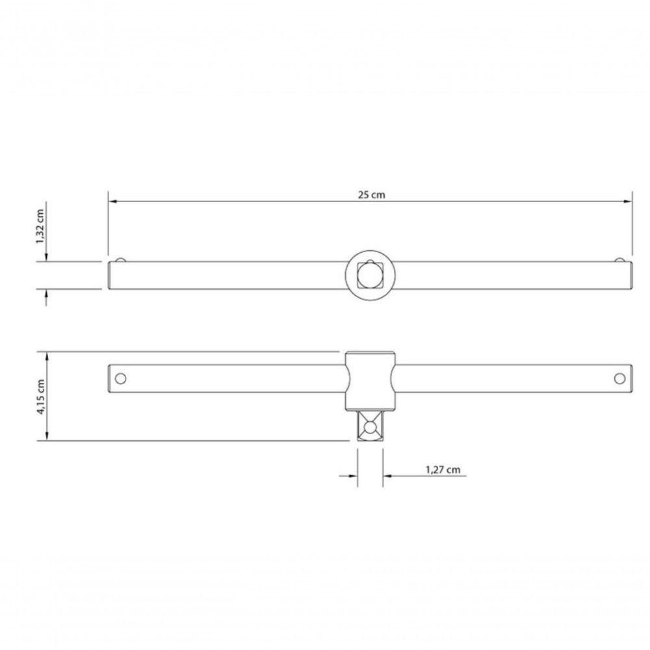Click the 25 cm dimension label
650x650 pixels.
click(370, 194)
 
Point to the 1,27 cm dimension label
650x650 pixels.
click(443, 469)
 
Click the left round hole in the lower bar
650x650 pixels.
click(119, 378)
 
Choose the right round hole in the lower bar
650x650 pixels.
click(620, 378)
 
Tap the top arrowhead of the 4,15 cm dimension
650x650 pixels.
click(45, 356)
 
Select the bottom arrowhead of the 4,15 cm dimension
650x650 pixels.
click(45, 437)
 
